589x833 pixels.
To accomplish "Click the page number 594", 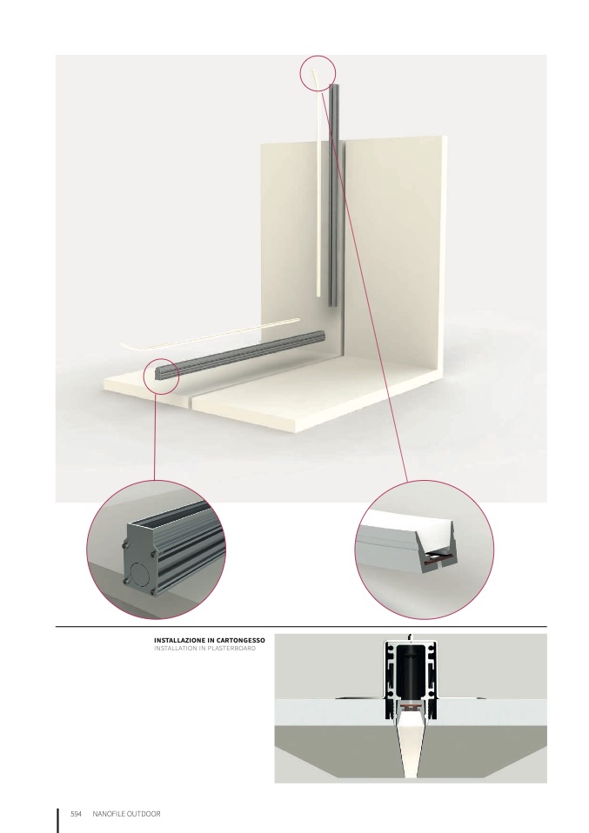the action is coord(76,814).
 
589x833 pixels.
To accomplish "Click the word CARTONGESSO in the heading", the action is coord(241,640).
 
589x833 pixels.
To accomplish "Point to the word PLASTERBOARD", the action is coord(231,648).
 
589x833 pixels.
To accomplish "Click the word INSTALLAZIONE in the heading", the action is coord(178,640).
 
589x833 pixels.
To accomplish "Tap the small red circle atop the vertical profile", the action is coord(318,73).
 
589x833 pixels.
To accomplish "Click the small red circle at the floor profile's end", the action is coord(162,376).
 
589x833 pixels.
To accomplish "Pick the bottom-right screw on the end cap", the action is coord(154,592).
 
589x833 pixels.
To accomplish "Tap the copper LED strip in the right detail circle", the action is coord(438,557).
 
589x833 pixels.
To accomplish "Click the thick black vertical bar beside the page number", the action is coord(58,820).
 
